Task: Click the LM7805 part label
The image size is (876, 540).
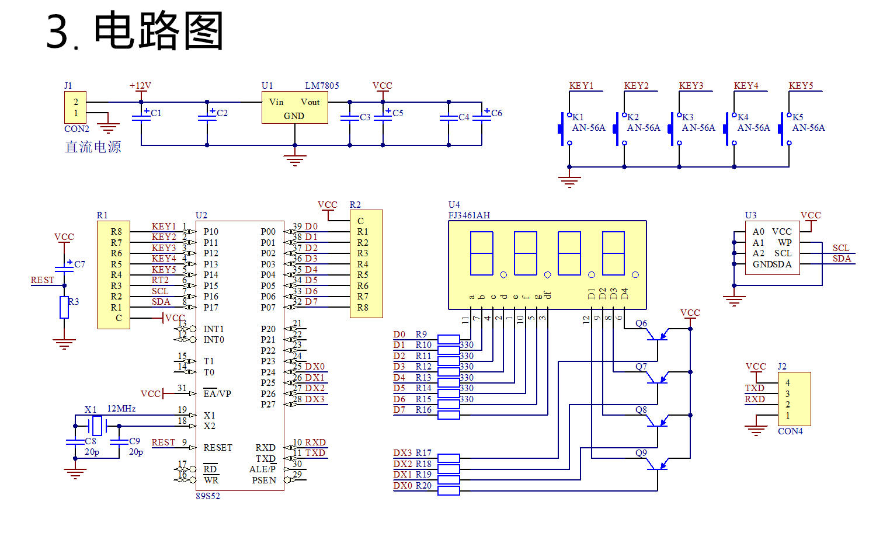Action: click(x=322, y=86)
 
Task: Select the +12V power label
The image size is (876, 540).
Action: click(x=140, y=86)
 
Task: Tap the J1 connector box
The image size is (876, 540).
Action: click(x=75, y=107)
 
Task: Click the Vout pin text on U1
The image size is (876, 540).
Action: click(x=310, y=102)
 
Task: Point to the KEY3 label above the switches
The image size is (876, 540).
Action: click(x=691, y=86)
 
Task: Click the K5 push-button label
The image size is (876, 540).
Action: click(x=798, y=117)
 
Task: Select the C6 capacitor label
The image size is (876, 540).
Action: click(x=496, y=113)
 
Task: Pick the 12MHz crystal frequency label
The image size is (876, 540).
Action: click(x=121, y=409)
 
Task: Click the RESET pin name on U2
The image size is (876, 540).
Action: click(x=218, y=448)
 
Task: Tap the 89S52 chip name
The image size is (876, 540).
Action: click(x=208, y=496)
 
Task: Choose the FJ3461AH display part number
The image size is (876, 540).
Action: click(x=469, y=215)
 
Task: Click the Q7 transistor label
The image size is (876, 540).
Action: click(x=641, y=367)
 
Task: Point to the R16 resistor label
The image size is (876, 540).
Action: click(x=423, y=410)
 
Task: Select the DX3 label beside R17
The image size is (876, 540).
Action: click(x=402, y=453)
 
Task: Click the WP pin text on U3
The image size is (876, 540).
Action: click(x=784, y=242)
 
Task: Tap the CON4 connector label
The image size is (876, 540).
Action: click(x=790, y=431)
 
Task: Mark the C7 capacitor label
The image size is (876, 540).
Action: click(x=79, y=264)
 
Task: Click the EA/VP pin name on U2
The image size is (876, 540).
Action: click(x=217, y=393)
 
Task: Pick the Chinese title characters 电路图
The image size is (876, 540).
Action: click(x=159, y=31)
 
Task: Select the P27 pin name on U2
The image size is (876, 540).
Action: click(x=268, y=404)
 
